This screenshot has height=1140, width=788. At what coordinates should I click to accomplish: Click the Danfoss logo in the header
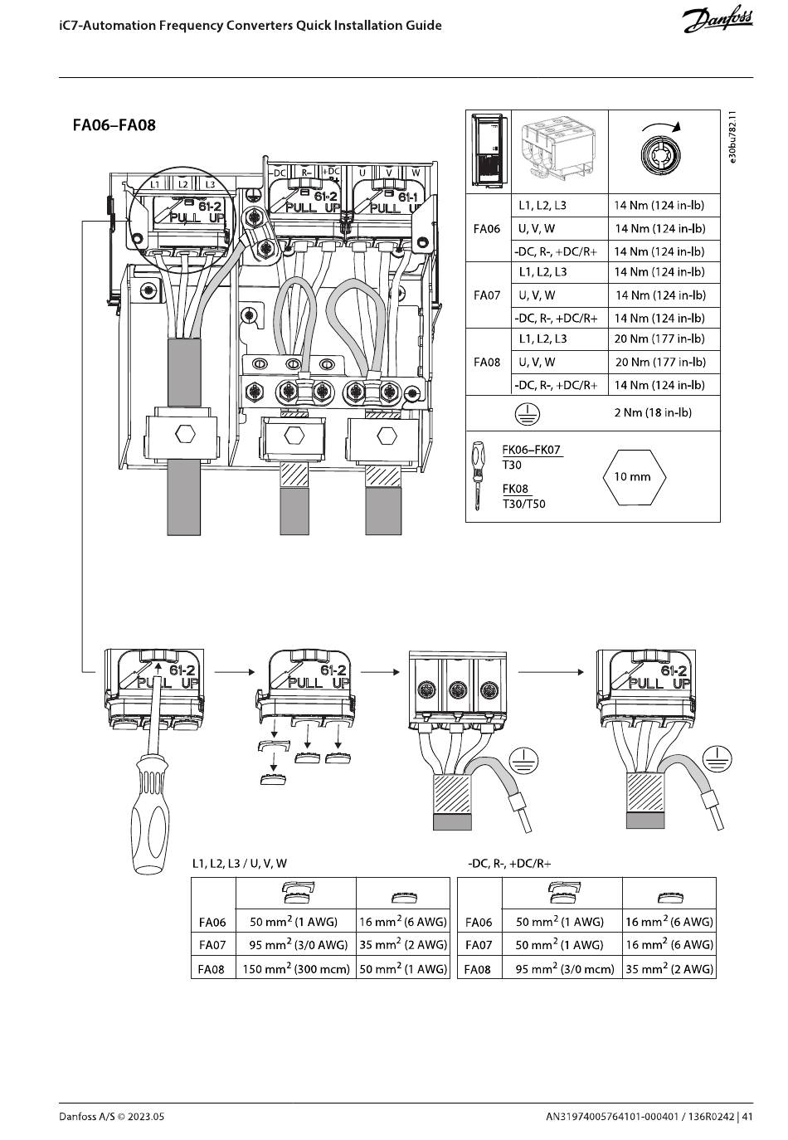click(x=717, y=21)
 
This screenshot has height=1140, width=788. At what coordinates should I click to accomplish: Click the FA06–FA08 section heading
click(x=114, y=124)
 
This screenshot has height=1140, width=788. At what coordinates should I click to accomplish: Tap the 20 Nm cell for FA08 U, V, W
click(x=660, y=362)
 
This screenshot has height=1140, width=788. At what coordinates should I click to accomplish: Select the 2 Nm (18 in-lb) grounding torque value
click(x=653, y=412)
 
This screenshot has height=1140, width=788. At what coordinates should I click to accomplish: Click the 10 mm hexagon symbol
click(x=634, y=477)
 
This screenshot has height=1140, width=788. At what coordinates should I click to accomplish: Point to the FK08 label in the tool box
click(x=515, y=489)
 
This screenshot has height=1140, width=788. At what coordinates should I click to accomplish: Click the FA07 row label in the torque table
click(x=487, y=295)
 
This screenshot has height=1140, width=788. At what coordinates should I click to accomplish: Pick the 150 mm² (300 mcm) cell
click(x=296, y=968)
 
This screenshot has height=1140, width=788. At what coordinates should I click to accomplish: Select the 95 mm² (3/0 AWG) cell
click(x=298, y=944)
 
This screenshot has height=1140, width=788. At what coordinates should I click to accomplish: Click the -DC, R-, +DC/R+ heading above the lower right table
click(x=509, y=864)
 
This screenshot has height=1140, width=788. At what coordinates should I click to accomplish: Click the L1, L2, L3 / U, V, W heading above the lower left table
click(x=240, y=864)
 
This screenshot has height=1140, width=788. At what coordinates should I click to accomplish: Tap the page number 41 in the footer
click(x=747, y=1117)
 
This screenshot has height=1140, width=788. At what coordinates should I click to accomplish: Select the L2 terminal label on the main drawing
click(x=183, y=184)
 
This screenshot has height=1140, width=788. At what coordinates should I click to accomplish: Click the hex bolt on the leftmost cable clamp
click(x=185, y=435)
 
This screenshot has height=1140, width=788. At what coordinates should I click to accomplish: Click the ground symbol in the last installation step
click(x=717, y=758)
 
